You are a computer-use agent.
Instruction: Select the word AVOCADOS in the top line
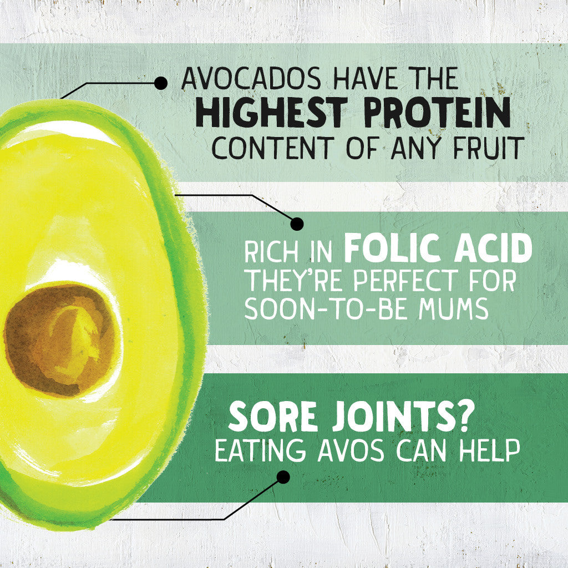251,80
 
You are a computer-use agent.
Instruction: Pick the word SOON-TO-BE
324,310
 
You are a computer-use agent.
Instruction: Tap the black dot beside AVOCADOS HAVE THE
161,83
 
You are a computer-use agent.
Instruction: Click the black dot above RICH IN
297,224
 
